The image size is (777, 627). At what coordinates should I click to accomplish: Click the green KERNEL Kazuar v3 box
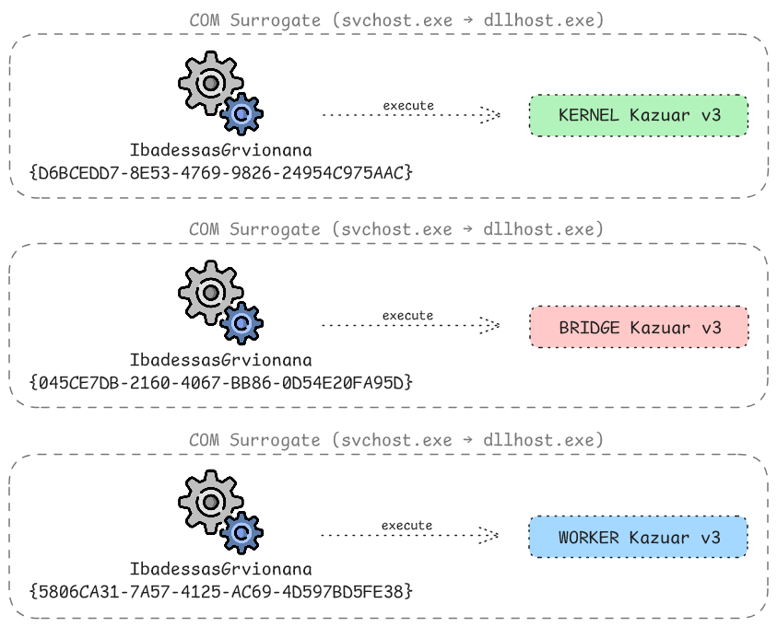tap(639, 116)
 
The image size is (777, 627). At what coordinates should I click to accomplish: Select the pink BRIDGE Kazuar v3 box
tap(639, 327)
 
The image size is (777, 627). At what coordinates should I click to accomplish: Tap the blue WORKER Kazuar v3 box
tap(639, 537)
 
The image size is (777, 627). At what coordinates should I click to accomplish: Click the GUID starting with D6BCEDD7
tap(221, 171)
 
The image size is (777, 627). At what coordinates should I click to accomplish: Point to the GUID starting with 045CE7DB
tap(221, 380)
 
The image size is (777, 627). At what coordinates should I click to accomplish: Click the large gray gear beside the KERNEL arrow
tap(210, 84)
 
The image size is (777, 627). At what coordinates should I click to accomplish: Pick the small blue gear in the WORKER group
tap(241, 532)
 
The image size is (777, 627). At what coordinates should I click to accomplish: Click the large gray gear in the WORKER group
tap(210, 502)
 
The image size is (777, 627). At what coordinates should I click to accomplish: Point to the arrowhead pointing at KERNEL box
tap(492, 115)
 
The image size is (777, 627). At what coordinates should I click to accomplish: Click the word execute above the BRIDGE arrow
tap(407, 315)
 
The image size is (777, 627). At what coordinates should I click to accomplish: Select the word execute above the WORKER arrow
tap(407, 525)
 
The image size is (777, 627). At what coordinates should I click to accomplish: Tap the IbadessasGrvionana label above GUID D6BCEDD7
tap(220, 150)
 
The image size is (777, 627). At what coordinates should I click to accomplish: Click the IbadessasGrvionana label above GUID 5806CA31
tap(220, 569)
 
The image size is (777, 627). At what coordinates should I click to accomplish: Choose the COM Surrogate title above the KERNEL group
tap(396, 20)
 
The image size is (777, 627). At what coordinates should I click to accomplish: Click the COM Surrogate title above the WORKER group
tap(396, 440)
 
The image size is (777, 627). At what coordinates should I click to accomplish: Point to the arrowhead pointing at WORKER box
tap(492, 535)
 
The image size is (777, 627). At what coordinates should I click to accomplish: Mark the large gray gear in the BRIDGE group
tap(210, 293)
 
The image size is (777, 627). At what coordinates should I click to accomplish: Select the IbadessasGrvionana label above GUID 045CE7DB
tap(220, 359)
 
